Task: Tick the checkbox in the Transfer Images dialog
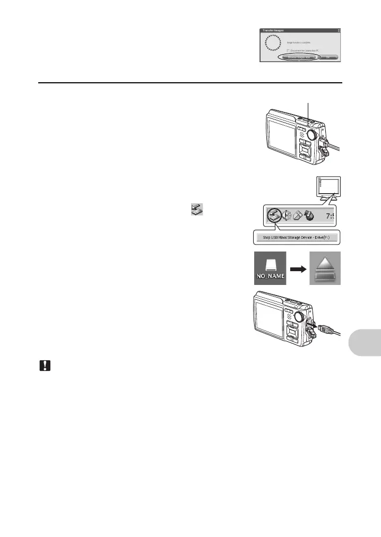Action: tap(288, 49)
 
